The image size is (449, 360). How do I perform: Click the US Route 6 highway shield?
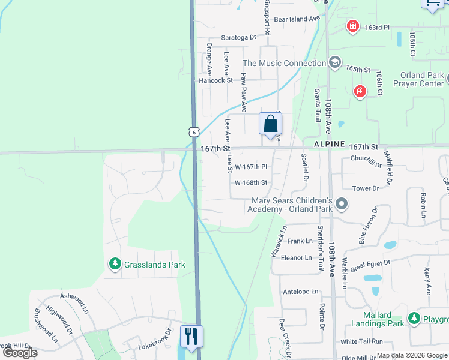(192, 131)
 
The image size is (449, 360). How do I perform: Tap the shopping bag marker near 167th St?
(271, 124)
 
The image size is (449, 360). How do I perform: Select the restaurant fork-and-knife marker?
(191, 335)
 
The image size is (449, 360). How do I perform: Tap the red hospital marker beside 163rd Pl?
(353, 26)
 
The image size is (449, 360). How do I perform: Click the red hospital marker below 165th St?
(360, 91)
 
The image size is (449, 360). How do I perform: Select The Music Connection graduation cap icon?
(334, 63)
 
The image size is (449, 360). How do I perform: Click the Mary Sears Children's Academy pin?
(342, 205)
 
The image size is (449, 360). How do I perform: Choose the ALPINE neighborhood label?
(330, 145)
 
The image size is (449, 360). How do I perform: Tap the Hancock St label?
(215, 80)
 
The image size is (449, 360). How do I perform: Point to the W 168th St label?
(250, 182)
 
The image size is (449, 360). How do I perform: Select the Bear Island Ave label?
(297, 19)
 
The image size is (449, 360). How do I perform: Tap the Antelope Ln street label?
(300, 292)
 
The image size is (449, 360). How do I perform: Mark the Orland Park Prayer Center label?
(421, 80)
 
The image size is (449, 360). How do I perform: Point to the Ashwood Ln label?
(74, 296)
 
